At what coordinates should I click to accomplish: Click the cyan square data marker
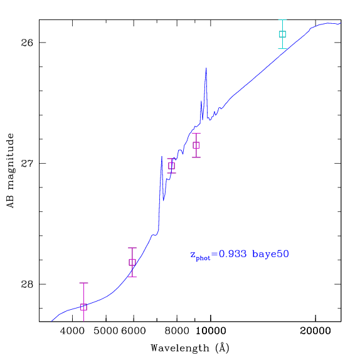pos(282,34)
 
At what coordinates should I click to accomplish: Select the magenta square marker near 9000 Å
pos(196,146)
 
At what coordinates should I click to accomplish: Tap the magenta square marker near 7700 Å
pos(171,166)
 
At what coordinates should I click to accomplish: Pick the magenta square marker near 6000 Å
pos(132,262)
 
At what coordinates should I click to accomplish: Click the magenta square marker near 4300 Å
pos(83,307)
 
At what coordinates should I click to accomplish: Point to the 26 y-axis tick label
pos(27,43)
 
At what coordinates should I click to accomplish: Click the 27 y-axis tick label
pos(27,164)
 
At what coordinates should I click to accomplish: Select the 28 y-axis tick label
pos(27,284)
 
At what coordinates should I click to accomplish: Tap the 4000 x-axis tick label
pos(73,331)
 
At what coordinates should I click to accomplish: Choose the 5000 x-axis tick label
pos(106,331)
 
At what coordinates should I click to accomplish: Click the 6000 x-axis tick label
pos(134,331)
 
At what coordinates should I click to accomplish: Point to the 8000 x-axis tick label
pos(177,331)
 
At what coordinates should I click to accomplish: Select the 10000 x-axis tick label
pos(211,331)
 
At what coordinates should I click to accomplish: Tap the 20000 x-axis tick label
pos(315,331)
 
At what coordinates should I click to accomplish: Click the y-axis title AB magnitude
pos(10,171)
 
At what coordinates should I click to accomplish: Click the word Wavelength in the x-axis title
pos(180,348)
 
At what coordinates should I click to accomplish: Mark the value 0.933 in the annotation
pos(233,254)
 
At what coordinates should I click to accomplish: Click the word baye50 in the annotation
pos(270,255)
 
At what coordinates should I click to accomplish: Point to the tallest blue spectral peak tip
pos(206,68)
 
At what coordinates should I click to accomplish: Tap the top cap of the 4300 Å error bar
pos(83,283)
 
